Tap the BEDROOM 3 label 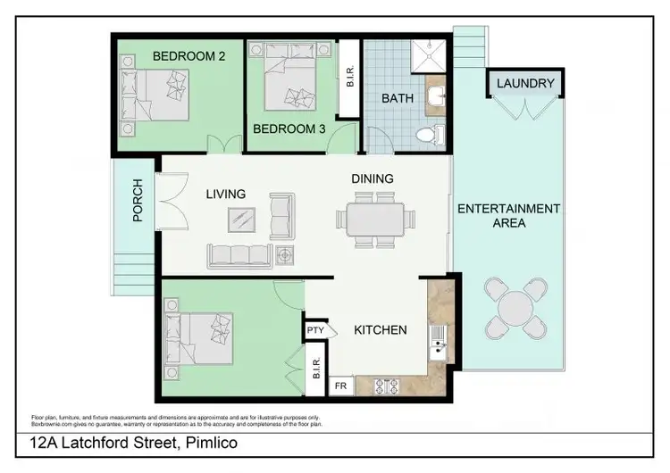click(289, 129)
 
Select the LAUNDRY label click(525, 84)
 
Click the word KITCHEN click(381, 330)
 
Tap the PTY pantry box click(315, 330)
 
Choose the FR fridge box click(340, 386)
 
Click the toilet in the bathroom click(428, 135)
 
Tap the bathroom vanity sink click(435, 96)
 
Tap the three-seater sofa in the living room click(239, 255)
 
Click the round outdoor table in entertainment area click(515, 309)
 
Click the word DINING click(373, 178)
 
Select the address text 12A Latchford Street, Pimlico click(132, 442)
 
